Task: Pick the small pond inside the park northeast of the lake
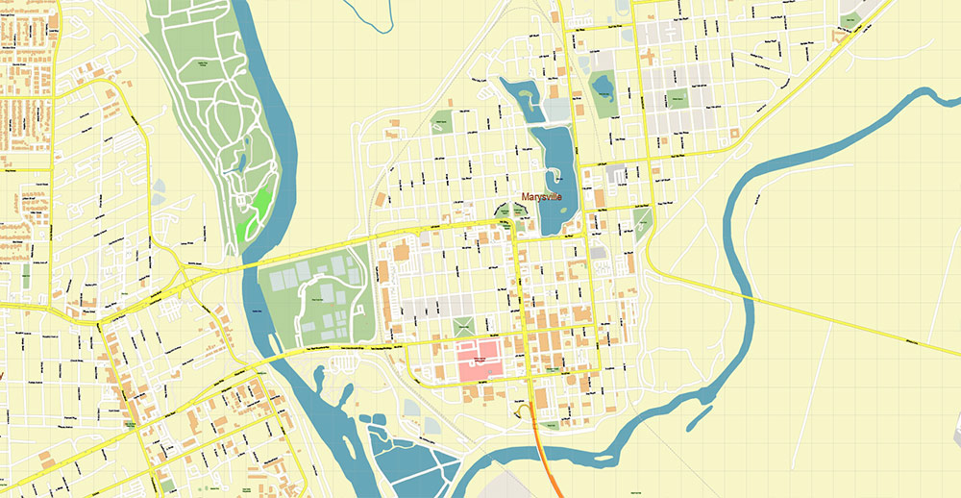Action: [604, 90]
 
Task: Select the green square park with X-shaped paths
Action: [464, 326]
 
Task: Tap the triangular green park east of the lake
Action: [643, 223]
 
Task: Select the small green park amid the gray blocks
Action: [678, 98]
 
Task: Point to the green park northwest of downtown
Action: [441, 122]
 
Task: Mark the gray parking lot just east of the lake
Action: [615, 174]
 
